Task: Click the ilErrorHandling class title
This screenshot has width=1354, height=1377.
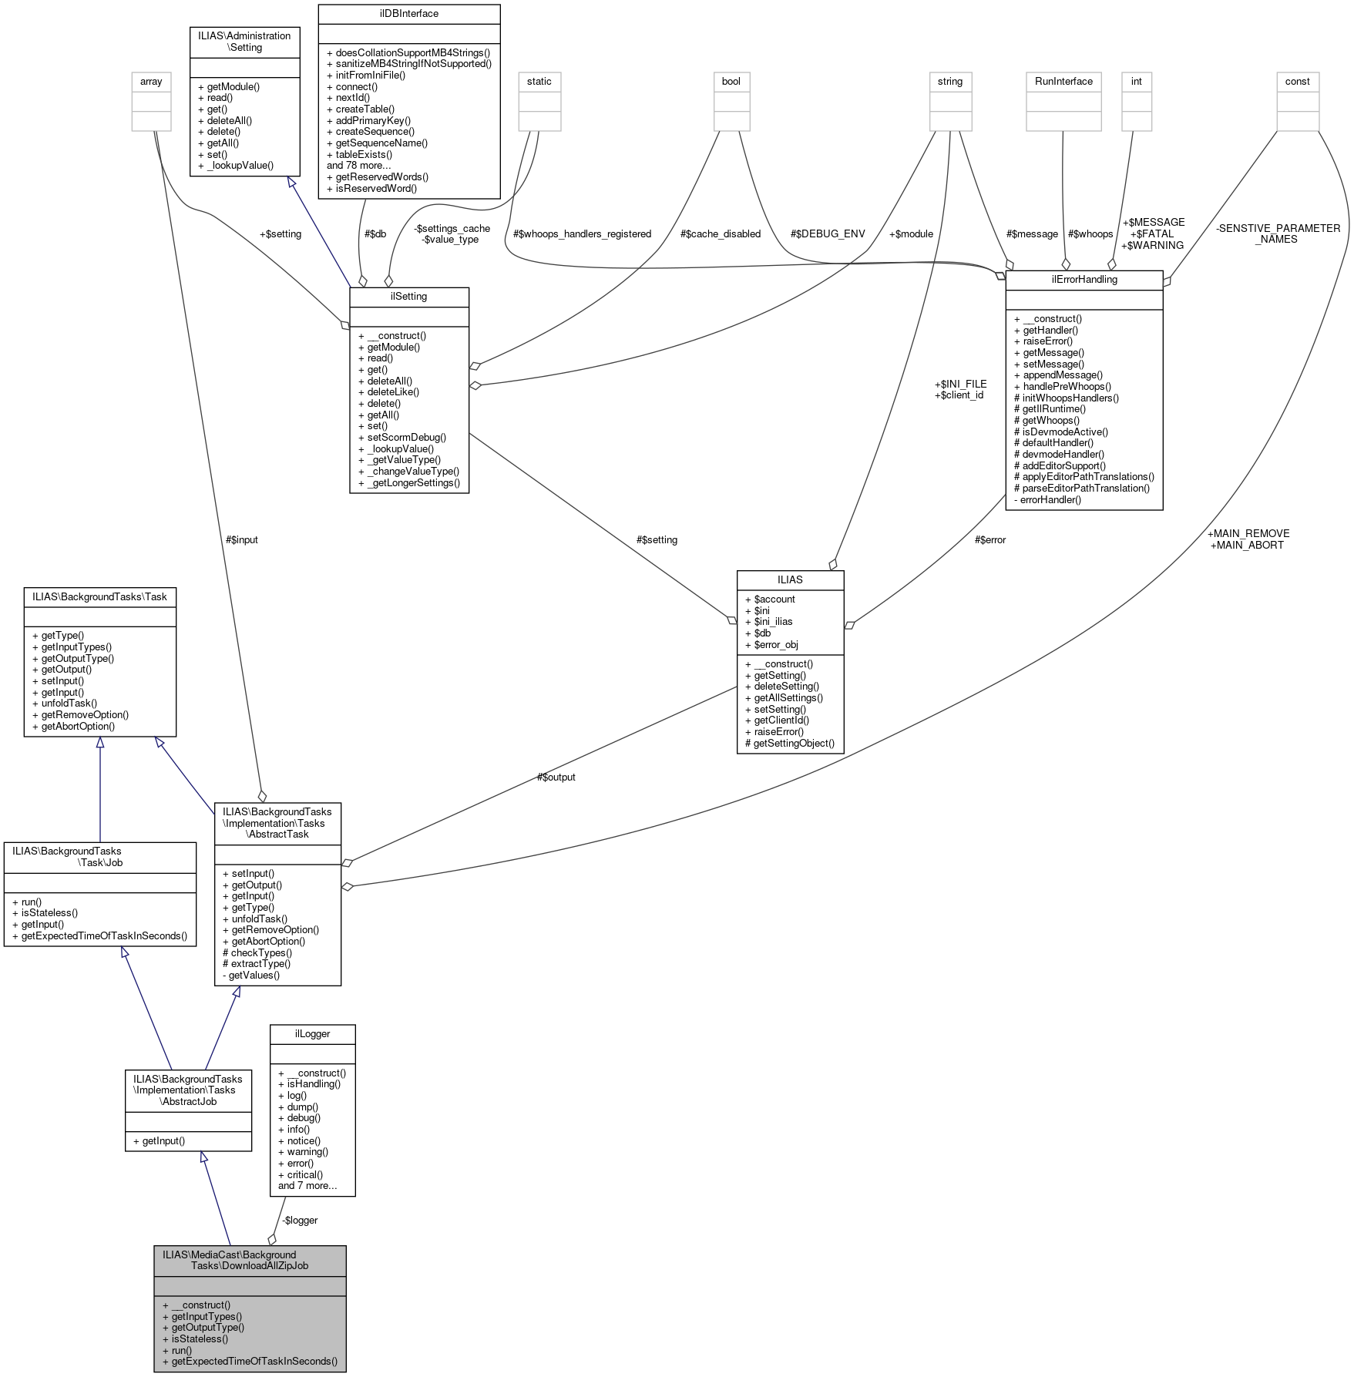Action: tap(1084, 280)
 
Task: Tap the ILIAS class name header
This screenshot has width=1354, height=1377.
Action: tap(790, 579)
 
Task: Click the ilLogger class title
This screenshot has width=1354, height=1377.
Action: tap(312, 1033)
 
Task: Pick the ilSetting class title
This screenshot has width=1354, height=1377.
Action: tap(408, 297)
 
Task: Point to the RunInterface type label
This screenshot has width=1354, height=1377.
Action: tap(1063, 82)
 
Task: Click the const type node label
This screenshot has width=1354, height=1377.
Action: tap(1298, 82)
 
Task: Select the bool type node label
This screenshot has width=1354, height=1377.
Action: tap(731, 82)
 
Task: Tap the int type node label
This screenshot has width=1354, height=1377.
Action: tap(1136, 82)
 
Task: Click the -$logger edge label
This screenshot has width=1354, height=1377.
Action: tap(300, 1220)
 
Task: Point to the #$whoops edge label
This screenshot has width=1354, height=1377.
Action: tap(1090, 234)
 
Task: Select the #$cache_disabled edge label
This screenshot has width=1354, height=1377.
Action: tap(721, 234)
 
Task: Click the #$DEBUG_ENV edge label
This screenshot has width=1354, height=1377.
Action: tap(828, 234)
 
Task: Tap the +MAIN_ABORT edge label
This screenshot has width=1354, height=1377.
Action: tap(1247, 545)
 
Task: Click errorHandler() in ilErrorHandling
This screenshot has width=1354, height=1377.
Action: tap(1050, 499)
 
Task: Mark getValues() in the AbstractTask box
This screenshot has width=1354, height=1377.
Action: tap(254, 975)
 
